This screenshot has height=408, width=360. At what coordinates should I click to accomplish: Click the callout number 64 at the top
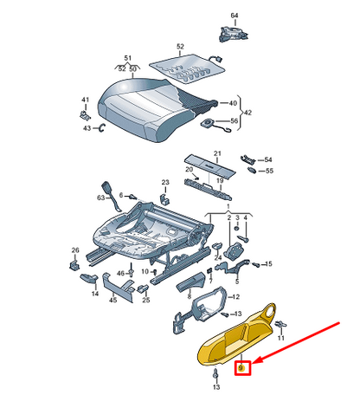click(234, 16)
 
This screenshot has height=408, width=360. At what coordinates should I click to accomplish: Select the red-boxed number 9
click(243, 367)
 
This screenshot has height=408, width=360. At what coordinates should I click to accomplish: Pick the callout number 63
click(100, 198)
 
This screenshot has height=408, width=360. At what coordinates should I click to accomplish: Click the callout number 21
click(217, 154)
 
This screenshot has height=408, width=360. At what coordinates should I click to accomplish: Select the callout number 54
click(267, 160)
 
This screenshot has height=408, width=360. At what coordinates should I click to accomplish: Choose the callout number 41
click(85, 100)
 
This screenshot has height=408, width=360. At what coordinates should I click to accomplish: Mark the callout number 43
click(87, 128)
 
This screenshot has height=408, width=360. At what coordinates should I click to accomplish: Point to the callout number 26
click(75, 251)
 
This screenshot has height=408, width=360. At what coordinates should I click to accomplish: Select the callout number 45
click(113, 301)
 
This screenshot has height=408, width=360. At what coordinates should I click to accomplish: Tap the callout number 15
click(267, 263)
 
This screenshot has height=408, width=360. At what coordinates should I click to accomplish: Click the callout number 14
click(95, 294)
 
